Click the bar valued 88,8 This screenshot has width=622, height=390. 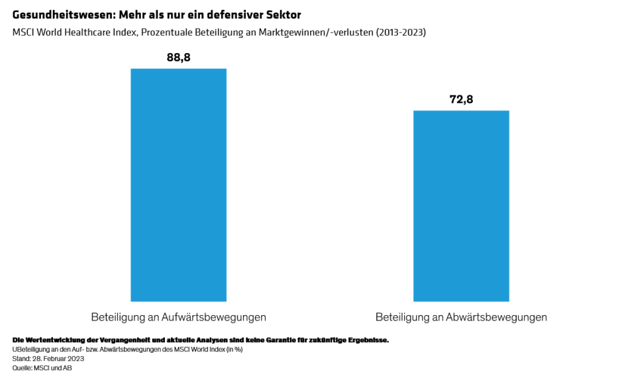click(178, 185)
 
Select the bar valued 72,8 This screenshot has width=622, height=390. click(461, 206)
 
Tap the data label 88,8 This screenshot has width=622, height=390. click(178, 58)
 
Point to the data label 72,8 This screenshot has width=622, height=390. click(461, 99)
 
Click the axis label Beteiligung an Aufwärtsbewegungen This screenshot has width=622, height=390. click(178, 317)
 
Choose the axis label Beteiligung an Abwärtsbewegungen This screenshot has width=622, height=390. click(461, 317)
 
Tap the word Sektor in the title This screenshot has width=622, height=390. click(284, 15)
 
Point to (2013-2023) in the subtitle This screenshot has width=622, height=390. click(397, 32)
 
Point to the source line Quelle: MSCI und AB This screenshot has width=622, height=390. click(42, 368)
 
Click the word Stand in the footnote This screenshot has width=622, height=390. click(21, 359)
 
